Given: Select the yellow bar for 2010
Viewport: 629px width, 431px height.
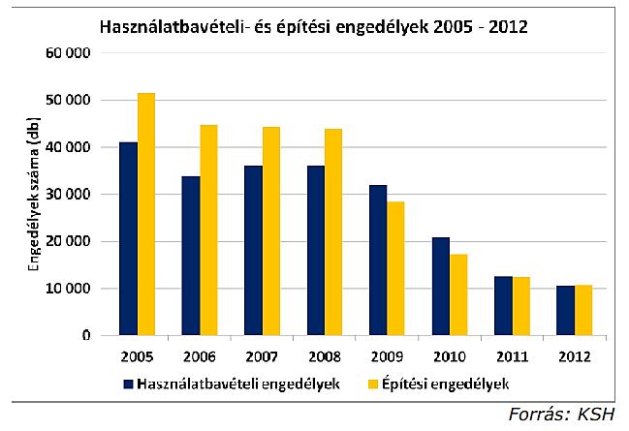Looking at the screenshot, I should pos(458,294).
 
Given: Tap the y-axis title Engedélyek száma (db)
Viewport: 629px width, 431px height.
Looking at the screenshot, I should pos(37,195).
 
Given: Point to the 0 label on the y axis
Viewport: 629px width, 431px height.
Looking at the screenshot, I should pos(85,335).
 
